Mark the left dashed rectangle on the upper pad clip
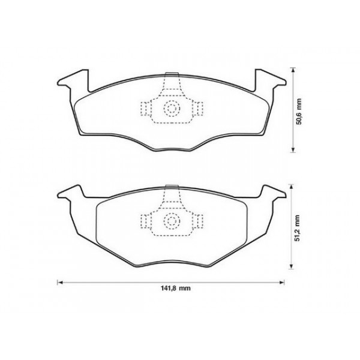[146, 109]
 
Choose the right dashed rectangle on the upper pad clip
[199, 109]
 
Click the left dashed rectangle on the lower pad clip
[146, 221]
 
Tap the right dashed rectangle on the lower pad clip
[199, 221]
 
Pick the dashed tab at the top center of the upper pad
[172, 78]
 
